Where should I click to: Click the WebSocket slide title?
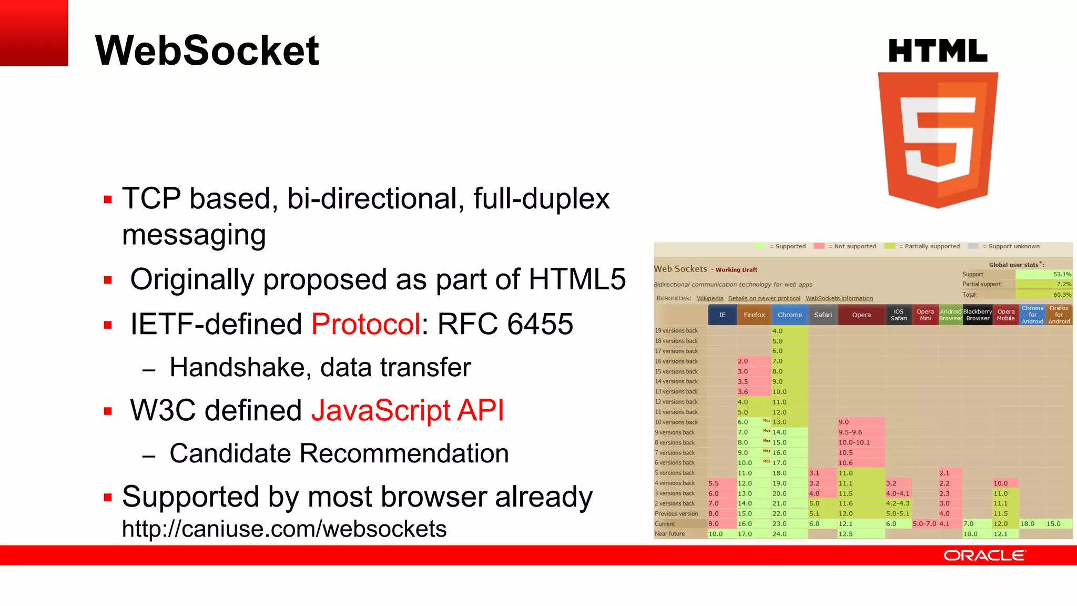coord(207,50)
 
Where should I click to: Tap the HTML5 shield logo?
coord(938,139)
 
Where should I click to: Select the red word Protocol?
coord(366,324)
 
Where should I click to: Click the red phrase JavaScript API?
coord(408,410)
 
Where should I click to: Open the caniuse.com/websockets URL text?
coord(284,529)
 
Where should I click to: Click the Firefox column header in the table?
coord(754,315)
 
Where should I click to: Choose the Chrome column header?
coord(789,315)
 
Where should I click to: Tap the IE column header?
coord(722,315)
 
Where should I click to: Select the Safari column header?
coord(822,315)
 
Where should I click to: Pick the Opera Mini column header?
coord(925,315)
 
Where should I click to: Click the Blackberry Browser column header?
coord(978,315)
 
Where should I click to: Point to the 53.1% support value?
coord(1062,274)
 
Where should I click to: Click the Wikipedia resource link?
coord(710,298)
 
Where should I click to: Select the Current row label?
coord(665,524)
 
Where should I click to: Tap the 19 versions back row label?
coord(676,331)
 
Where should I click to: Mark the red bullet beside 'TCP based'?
coord(108,199)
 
